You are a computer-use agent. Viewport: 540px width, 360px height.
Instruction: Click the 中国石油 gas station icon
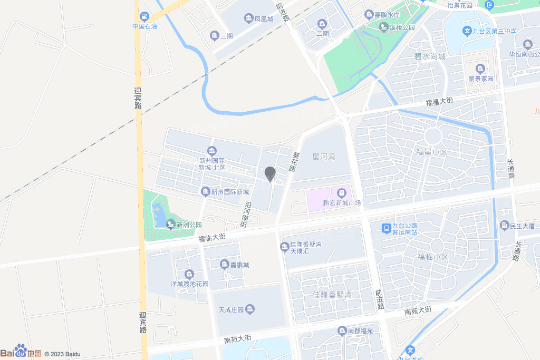tap(144, 16)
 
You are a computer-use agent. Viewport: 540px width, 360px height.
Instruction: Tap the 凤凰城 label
tap(264, 19)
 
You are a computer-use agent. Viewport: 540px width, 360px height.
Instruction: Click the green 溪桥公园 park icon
tap(383, 27)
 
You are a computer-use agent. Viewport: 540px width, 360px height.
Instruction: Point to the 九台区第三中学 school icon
tap(467, 31)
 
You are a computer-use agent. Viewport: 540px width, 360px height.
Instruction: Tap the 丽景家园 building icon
tap(480, 69)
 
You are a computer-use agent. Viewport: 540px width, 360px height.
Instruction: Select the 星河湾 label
tap(324, 157)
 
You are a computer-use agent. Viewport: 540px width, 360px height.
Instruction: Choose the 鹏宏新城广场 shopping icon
tap(341, 193)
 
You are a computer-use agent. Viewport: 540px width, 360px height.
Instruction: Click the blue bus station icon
tap(387, 228)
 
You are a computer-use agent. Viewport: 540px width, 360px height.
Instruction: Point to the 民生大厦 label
tap(522, 226)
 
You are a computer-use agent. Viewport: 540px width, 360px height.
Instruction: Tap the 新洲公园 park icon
tap(170, 225)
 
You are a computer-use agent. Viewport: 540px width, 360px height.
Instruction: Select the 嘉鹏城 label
tap(239, 265)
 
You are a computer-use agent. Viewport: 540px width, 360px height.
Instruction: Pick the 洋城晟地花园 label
tap(189, 284)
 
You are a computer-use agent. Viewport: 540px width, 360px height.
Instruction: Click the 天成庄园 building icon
tap(250, 309)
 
